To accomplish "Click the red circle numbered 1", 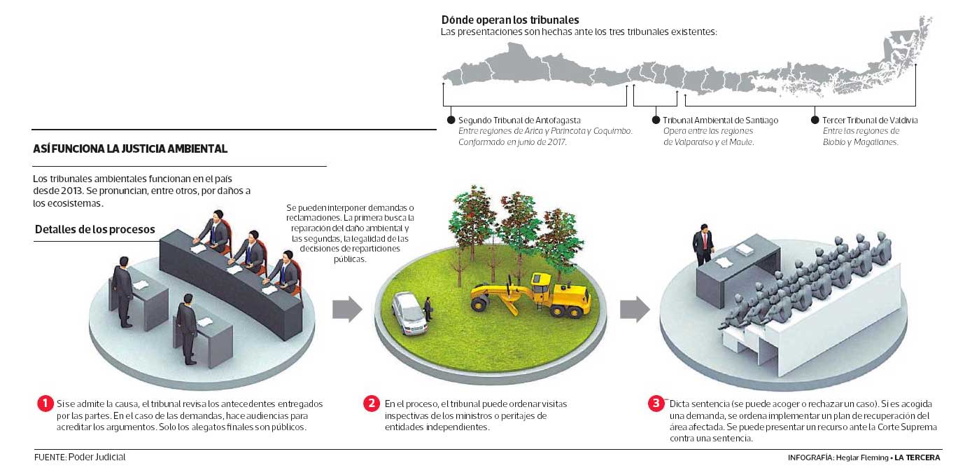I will [x=45, y=404].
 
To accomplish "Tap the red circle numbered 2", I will [x=372, y=404].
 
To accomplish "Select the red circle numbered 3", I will [x=656, y=404].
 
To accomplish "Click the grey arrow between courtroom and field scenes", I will [x=346, y=309].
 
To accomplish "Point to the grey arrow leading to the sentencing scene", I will [x=635, y=309].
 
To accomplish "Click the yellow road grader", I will [x=530, y=293].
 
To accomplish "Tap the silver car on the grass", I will [x=409, y=312].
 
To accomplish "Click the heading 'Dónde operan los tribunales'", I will [x=509, y=20].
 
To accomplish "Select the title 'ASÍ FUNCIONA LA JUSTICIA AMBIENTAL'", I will [x=130, y=149].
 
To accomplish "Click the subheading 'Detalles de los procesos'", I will [x=95, y=230].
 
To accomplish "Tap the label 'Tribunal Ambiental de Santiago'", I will [x=720, y=121].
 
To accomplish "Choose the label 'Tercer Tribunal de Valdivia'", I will [x=870, y=121].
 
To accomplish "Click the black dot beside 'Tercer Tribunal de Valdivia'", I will [x=815, y=120].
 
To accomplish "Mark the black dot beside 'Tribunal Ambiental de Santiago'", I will [x=656, y=120].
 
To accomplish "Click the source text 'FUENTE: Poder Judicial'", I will [x=80, y=457].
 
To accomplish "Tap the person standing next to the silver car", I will [x=428, y=310].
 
